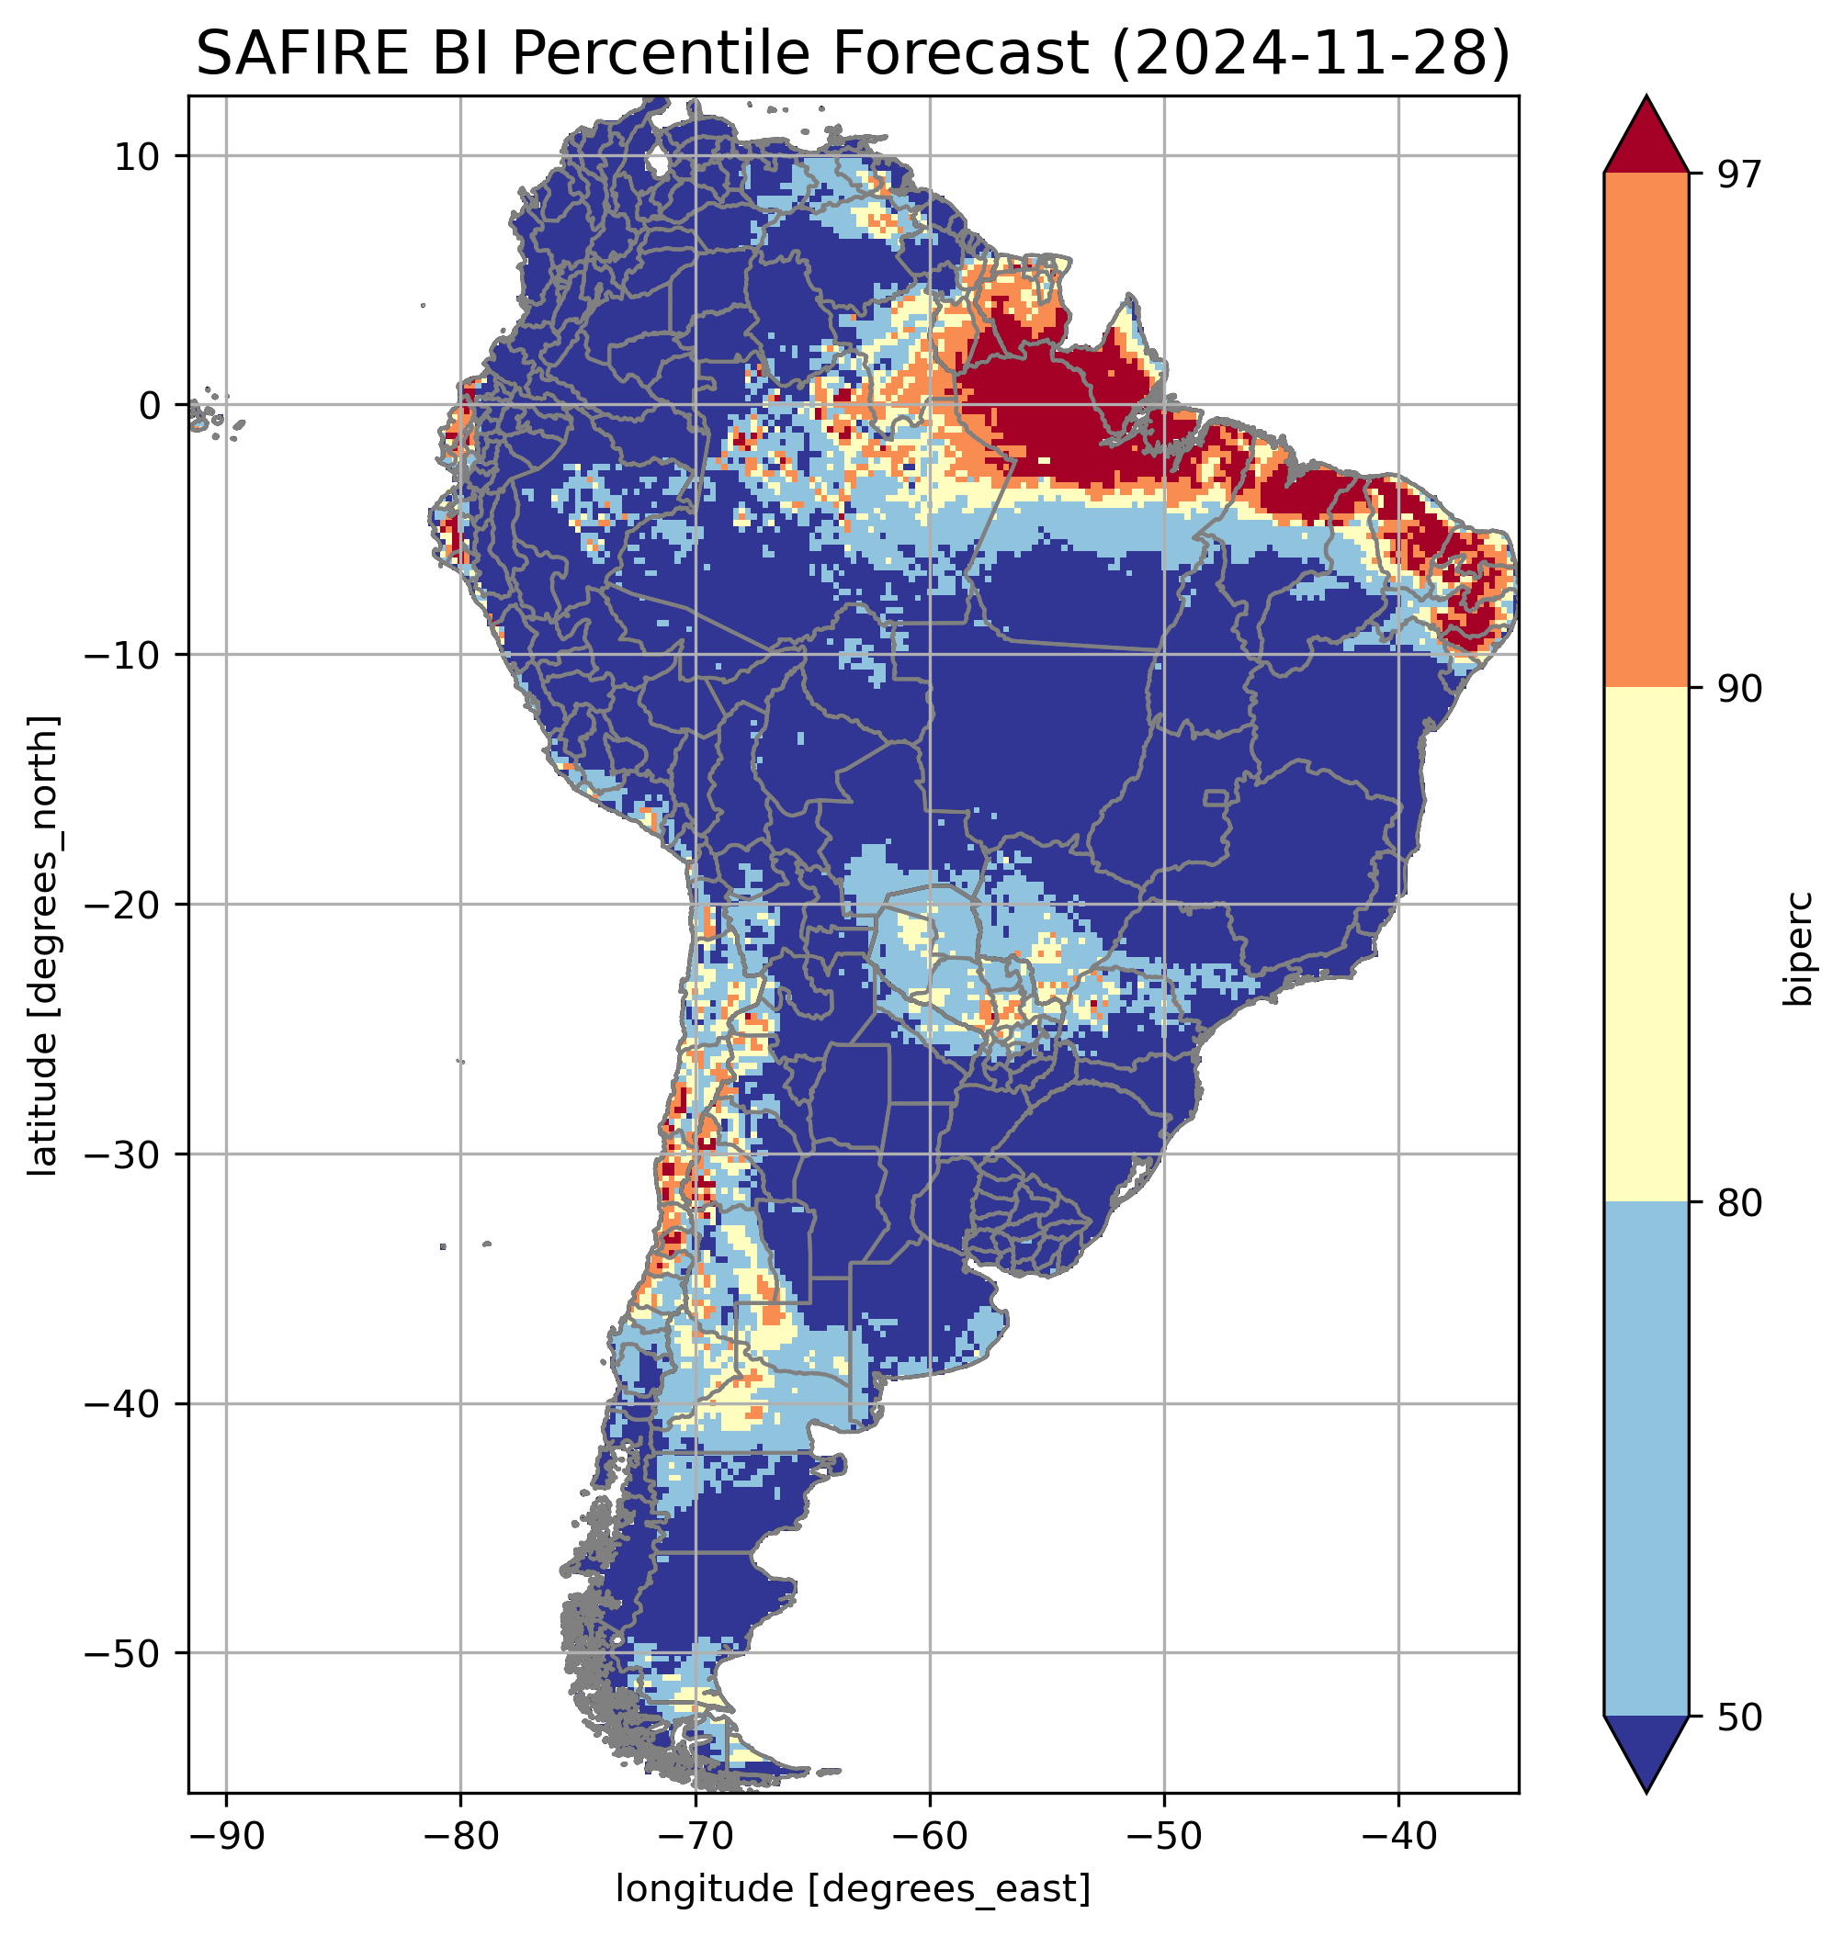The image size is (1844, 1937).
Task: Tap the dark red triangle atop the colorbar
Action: (1646, 137)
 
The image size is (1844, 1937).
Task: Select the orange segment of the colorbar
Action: (1646, 431)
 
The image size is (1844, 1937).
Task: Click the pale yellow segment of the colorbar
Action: (1646, 944)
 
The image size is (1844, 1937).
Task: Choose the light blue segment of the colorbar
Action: (1646, 1459)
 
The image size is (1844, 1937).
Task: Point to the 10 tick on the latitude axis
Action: (138, 156)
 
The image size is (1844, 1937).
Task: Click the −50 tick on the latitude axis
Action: (122, 1654)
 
